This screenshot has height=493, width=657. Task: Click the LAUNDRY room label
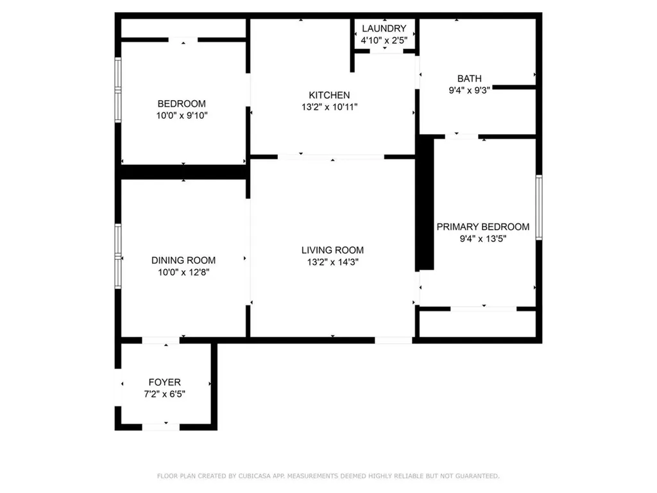(384, 28)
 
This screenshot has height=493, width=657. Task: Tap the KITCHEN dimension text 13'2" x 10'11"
(329, 107)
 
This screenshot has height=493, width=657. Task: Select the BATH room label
(469, 79)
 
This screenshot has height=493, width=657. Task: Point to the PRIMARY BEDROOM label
(482, 227)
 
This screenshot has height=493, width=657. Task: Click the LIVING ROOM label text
(332, 250)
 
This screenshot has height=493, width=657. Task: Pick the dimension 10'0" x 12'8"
(183, 272)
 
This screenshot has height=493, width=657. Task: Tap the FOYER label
(164, 382)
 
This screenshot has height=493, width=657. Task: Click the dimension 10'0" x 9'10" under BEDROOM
(182, 116)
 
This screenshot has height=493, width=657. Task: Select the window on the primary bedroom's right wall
(539, 207)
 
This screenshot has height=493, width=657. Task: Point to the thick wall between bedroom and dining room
(183, 172)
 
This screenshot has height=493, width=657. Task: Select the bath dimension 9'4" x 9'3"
(469, 91)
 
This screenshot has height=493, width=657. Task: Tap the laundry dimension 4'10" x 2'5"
(384, 40)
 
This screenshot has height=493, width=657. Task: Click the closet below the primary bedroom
(477, 324)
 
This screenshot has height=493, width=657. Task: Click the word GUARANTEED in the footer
(476, 476)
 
